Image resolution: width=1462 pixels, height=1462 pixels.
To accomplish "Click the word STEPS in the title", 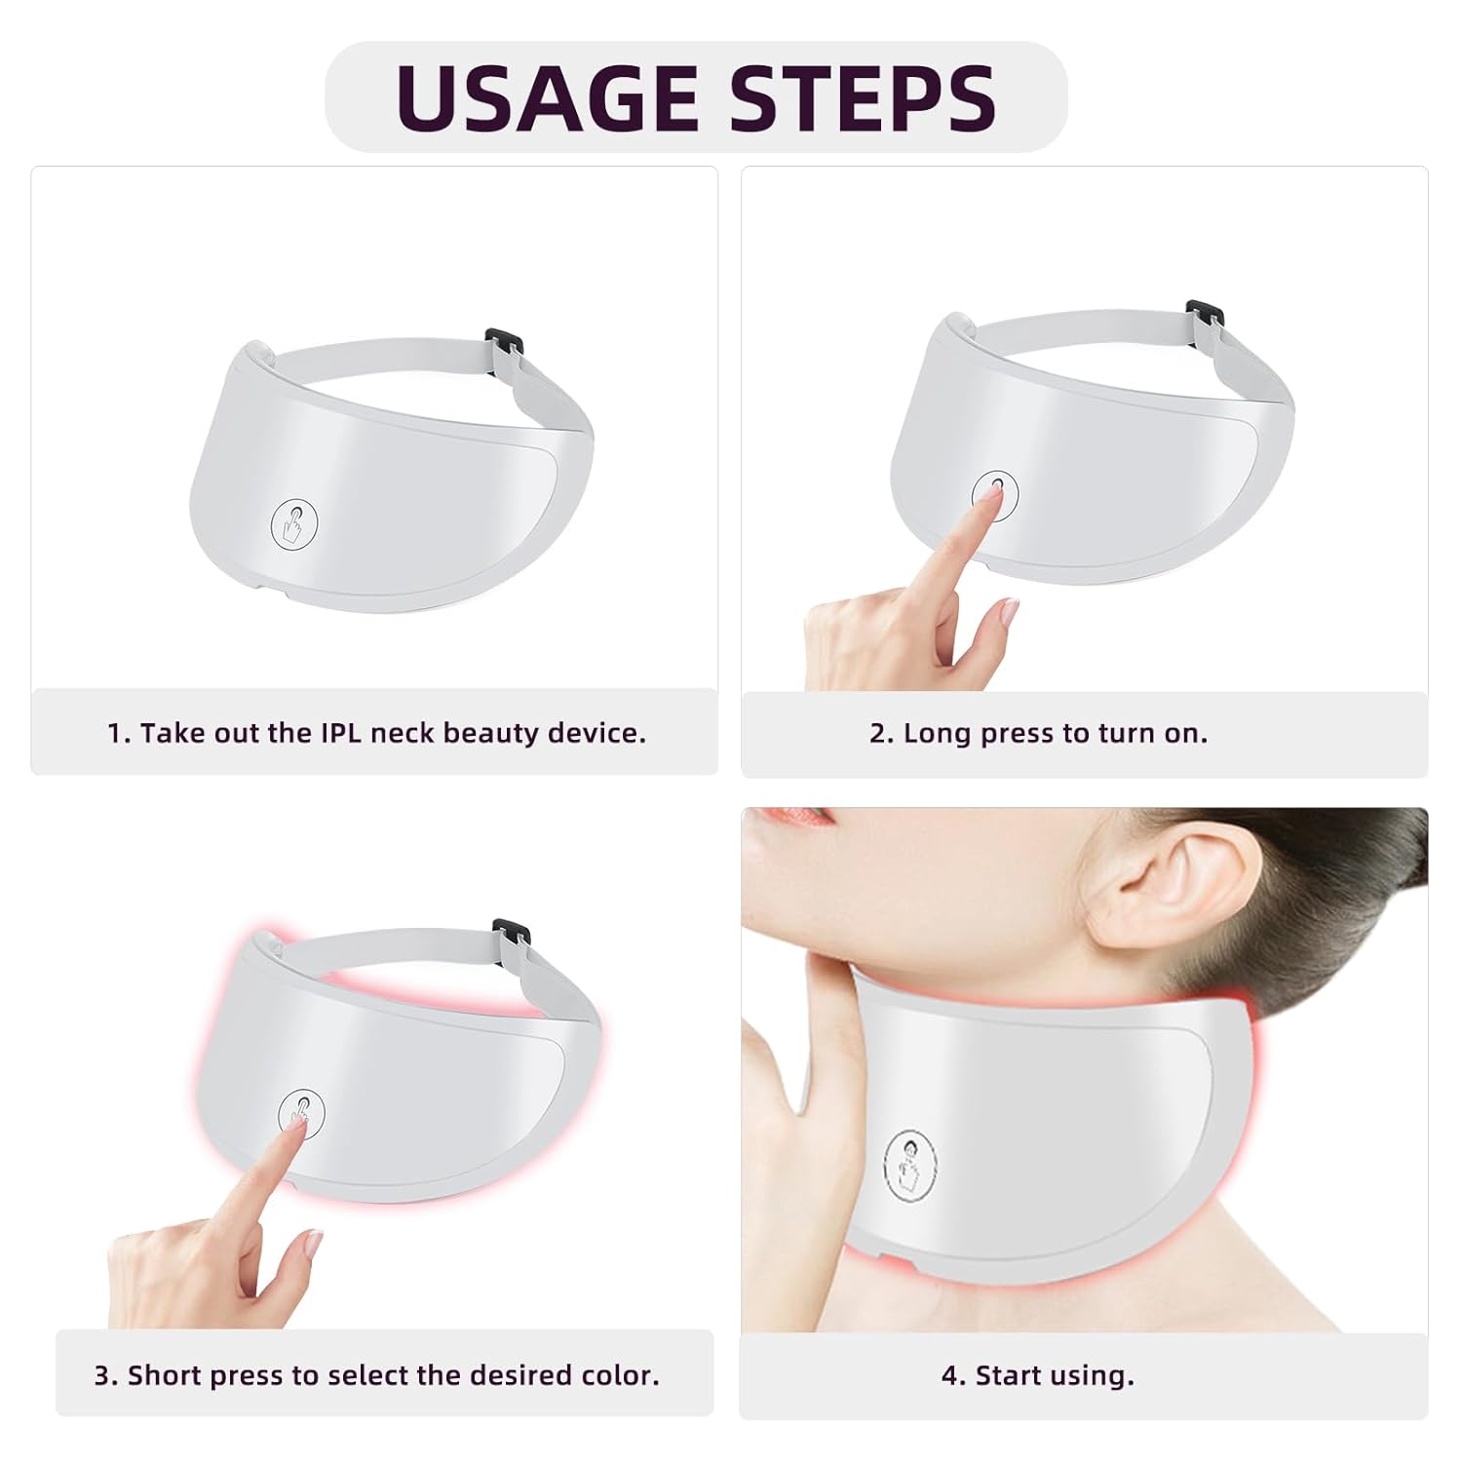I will click(863, 97).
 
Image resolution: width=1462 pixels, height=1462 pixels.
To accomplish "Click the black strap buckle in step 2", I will click(1204, 315).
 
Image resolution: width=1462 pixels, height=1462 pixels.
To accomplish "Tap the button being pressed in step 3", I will click(300, 1111).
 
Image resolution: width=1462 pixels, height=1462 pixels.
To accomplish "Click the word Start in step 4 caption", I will click(1010, 1375).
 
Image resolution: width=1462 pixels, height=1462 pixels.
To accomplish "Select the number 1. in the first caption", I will click(118, 733).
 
